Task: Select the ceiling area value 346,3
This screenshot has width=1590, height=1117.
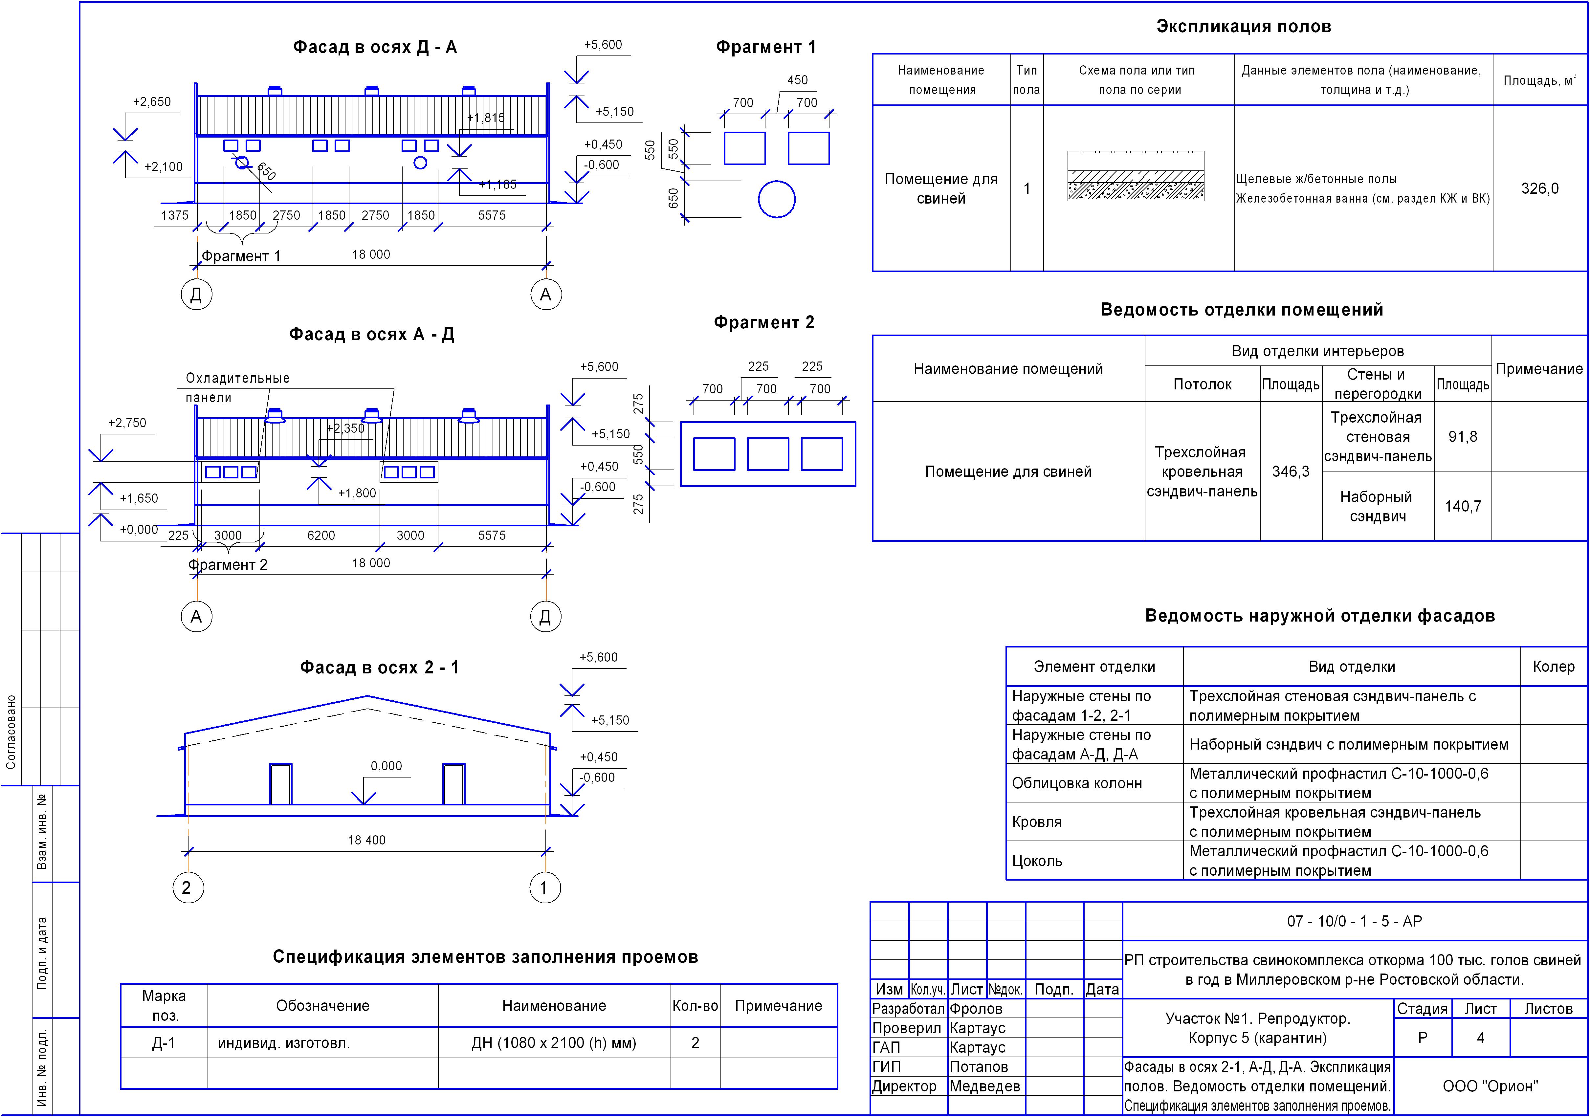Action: click(x=1290, y=471)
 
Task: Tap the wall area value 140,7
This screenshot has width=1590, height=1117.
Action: click(x=1463, y=506)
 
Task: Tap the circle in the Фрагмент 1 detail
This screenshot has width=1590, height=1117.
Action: click(x=776, y=199)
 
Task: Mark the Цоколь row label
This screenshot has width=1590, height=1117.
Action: click(x=1037, y=861)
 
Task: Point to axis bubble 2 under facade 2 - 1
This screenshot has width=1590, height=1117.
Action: click(x=188, y=888)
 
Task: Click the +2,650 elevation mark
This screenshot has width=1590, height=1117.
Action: click(x=152, y=102)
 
